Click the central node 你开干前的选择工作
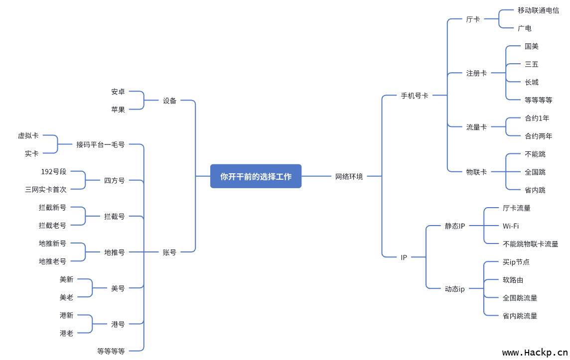(256, 176)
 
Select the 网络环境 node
(349, 176)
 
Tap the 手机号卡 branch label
(415, 96)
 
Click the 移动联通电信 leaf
(538, 10)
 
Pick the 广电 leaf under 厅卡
(525, 28)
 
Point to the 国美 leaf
(532, 46)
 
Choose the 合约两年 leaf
(539, 136)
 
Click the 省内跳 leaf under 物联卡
(535, 190)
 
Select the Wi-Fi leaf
(511, 226)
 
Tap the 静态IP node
(455, 226)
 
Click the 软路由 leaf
(513, 280)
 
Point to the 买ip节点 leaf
(516, 262)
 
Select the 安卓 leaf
(118, 92)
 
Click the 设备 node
(170, 101)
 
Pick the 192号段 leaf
(54, 172)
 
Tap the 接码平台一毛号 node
(101, 144)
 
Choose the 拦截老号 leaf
(53, 226)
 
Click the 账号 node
(170, 252)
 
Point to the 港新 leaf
(67, 315)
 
